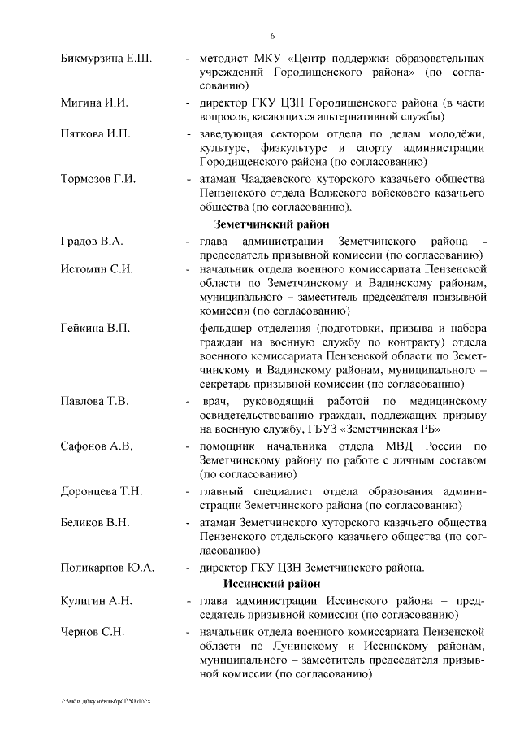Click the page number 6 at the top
(272, 36)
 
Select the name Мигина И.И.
(94, 104)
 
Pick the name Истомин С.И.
(96, 269)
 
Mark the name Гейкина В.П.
(95, 328)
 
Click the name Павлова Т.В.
(95, 401)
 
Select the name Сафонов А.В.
(96, 446)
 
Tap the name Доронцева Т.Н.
(102, 490)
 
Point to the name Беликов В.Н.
(95, 520)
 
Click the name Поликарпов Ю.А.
(107, 567)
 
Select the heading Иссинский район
(271, 584)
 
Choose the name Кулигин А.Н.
(96, 601)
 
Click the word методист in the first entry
(225, 59)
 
